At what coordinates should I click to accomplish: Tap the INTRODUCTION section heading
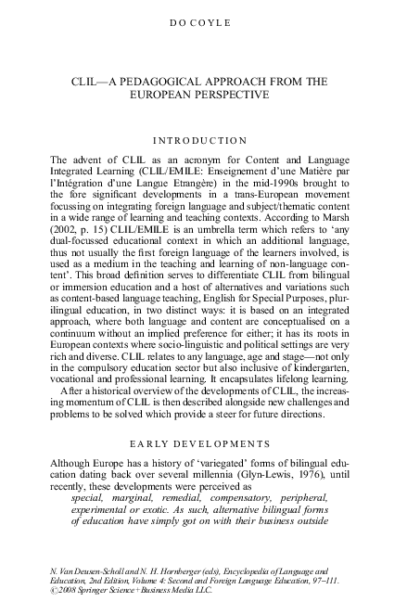pos(202,140)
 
